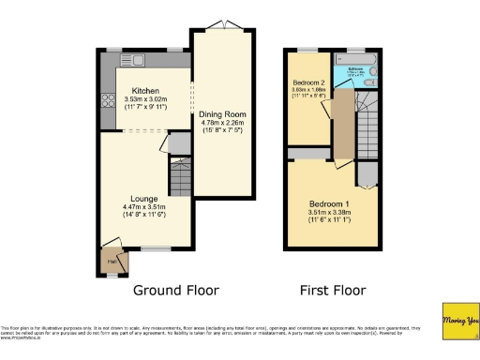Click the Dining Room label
tap(224, 114)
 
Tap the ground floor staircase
tap(178, 175)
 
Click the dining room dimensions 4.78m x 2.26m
tap(224, 124)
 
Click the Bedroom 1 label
tap(329, 203)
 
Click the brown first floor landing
tap(343, 122)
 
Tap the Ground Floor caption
tap(170, 291)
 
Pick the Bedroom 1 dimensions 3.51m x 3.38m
tap(329, 216)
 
